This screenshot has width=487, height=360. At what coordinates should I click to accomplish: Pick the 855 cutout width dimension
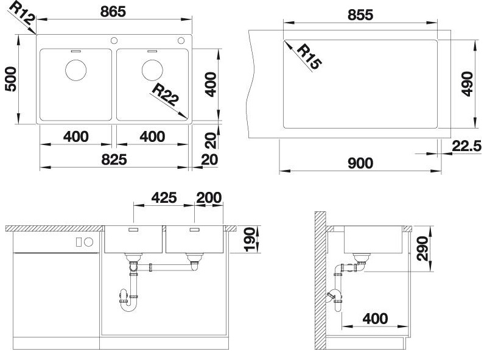(x=360, y=15)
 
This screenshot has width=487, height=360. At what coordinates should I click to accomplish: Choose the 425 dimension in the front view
(x=164, y=197)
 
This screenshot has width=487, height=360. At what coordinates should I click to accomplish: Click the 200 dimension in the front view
(x=209, y=197)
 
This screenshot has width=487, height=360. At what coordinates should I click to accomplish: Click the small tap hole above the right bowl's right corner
(x=181, y=40)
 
